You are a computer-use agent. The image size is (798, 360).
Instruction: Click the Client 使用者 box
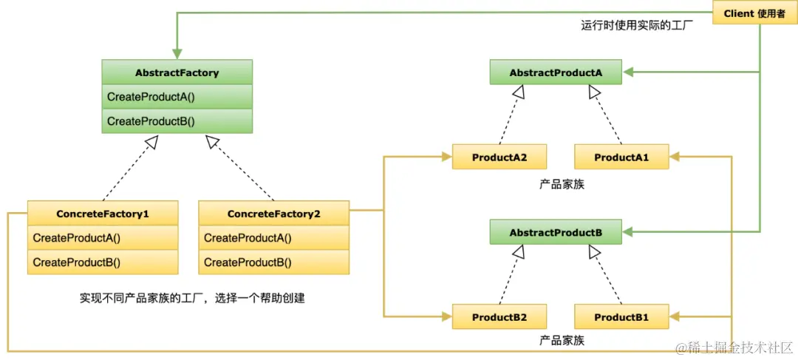(x=754, y=13)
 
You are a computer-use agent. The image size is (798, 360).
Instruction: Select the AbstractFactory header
(x=177, y=72)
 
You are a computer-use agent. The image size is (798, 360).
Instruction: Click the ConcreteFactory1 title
(x=103, y=214)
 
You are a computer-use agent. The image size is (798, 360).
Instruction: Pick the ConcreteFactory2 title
(x=273, y=214)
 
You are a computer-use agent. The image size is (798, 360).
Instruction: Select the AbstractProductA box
(x=556, y=72)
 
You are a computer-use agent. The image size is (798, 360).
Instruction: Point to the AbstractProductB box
(x=556, y=233)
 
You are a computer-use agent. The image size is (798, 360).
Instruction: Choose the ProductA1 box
(x=621, y=157)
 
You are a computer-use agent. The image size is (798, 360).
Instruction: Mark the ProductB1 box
(x=621, y=317)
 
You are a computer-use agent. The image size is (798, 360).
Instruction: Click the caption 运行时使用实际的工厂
(x=637, y=24)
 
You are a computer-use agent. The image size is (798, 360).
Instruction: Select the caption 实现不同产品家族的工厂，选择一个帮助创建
(x=192, y=299)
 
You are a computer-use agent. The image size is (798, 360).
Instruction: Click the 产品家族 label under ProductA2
(x=562, y=183)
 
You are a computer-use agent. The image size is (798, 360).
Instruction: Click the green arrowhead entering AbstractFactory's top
(x=177, y=55)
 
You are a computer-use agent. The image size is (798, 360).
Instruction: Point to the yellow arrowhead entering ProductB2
(x=446, y=317)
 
